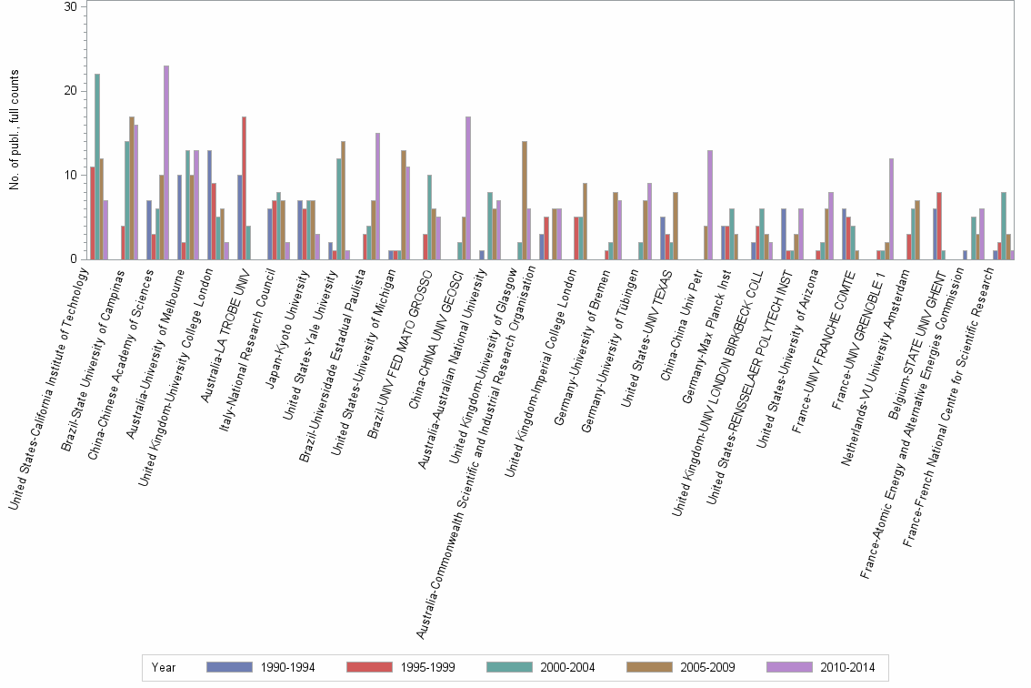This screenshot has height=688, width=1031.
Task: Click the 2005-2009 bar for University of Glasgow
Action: click(524, 200)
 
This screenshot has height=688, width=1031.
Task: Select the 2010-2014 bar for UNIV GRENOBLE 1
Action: click(891, 208)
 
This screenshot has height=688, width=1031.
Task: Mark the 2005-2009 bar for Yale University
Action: click(343, 200)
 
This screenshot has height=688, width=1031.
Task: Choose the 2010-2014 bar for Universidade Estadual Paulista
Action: click(377, 196)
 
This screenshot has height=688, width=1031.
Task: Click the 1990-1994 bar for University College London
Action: click(209, 205)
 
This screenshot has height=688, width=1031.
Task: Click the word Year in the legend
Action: click(165, 668)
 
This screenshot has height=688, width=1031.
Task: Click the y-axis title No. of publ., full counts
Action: click(15, 133)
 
